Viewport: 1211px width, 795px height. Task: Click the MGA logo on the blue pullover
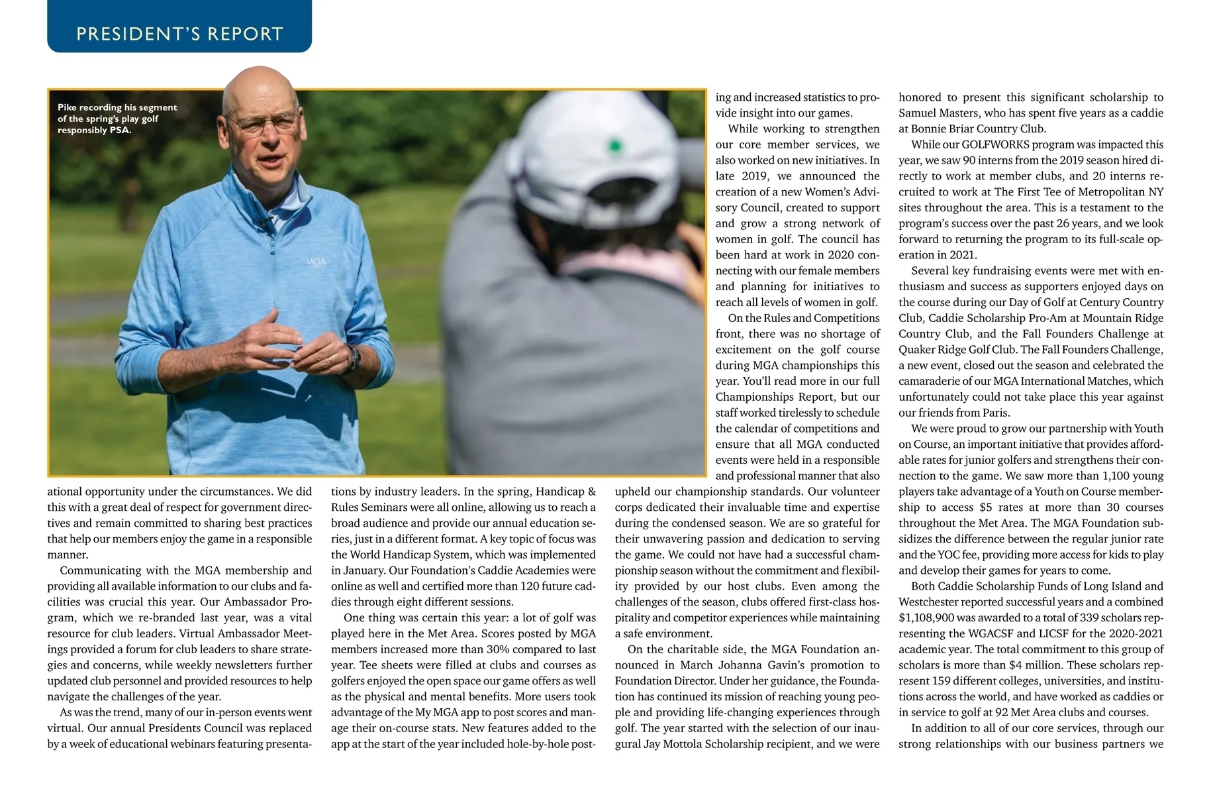point(316,262)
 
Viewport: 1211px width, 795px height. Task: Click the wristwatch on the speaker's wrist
point(355,358)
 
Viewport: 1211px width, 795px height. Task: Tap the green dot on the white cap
point(616,145)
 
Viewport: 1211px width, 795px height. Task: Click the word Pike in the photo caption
point(67,107)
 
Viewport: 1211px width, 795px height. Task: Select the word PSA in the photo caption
point(119,130)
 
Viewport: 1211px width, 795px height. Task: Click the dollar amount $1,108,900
point(926,617)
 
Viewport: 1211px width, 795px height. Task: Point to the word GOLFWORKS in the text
point(994,144)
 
